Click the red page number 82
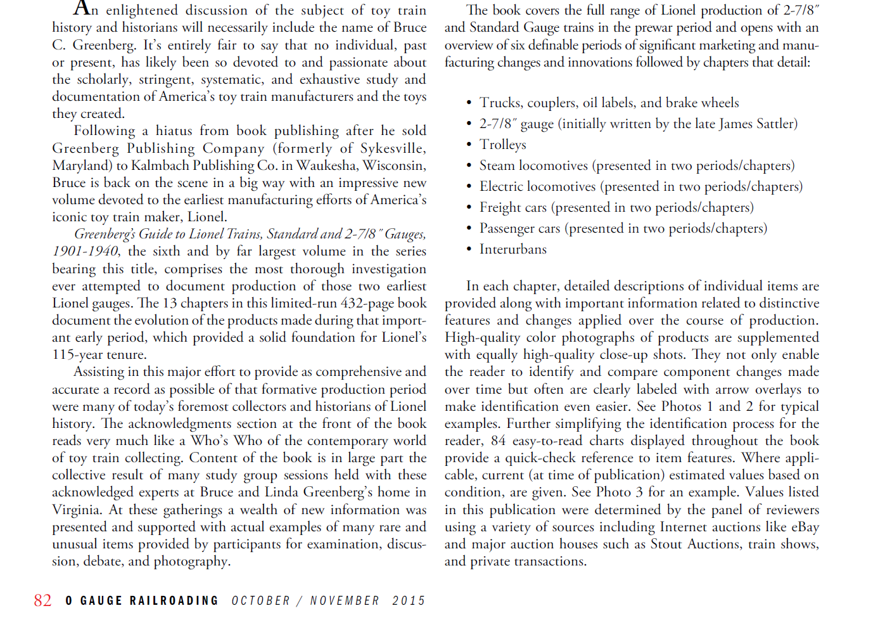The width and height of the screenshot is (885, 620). click(x=43, y=600)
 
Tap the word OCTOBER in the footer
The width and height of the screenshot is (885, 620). click(x=260, y=600)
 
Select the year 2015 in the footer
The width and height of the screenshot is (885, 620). click(x=409, y=600)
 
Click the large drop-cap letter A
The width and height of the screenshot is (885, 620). click(x=82, y=8)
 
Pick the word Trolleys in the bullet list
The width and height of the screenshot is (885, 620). click(x=502, y=145)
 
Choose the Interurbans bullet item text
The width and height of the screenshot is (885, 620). click(x=513, y=249)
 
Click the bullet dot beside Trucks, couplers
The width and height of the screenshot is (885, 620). click(x=469, y=103)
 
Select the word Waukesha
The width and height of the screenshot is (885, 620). click(x=328, y=165)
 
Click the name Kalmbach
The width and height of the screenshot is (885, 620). click(x=160, y=165)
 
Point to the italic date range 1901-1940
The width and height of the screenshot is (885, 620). click(x=84, y=252)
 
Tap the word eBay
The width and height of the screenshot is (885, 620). click(x=805, y=527)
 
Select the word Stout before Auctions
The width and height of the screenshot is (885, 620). click(x=666, y=544)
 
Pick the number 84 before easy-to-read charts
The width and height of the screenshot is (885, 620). click(x=498, y=441)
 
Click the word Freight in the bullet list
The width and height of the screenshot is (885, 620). click(x=500, y=207)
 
